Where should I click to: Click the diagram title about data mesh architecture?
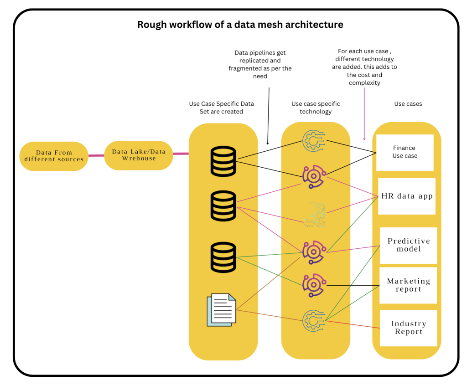tap(240, 25)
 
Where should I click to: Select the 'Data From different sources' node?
tap(54, 156)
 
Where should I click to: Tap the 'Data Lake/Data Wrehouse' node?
tap(139, 155)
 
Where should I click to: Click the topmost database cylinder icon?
tap(223, 161)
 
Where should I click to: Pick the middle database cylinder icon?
tap(223, 205)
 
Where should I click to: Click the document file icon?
tap(222, 310)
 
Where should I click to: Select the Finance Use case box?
tap(404, 152)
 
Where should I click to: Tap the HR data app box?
tap(407, 196)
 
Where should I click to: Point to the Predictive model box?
tap(408, 245)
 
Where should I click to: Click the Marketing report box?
tap(408, 285)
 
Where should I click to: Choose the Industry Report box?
tap(408, 328)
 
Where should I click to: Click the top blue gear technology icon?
tap(314, 141)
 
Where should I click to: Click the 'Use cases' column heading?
tap(408, 104)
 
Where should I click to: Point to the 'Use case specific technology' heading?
tap(316, 108)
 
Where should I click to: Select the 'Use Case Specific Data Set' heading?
tap(221, 108)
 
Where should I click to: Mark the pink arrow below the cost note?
tap(364, 114)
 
